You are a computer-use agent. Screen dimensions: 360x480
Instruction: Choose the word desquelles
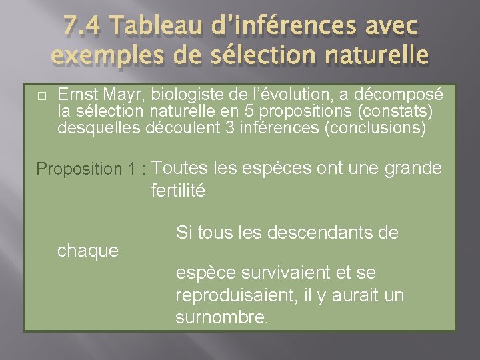point(99,127)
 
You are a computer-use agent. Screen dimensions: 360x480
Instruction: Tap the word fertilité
point(178,191)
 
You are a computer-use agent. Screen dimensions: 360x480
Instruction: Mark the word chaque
point(88,251)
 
